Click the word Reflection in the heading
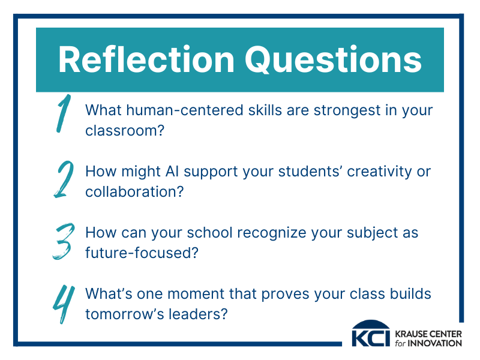[x=146, y=59]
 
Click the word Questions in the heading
[x=334, y=60]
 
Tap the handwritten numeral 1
[x=64, y=113]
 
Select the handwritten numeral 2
[x=64, y=179]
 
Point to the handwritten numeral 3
[x=64, y=241]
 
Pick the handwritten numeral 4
[x=64, y=304]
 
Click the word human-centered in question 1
[x=185, y=110]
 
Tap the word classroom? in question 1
[x=125, y=131]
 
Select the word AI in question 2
[x=172, y=172]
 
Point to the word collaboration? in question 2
[x=134, y=192]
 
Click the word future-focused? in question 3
[x=142, y=253]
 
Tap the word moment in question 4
[x=196, y=294]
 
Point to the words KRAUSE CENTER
[x=428, y=334]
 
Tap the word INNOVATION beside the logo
[x=434, y=343]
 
